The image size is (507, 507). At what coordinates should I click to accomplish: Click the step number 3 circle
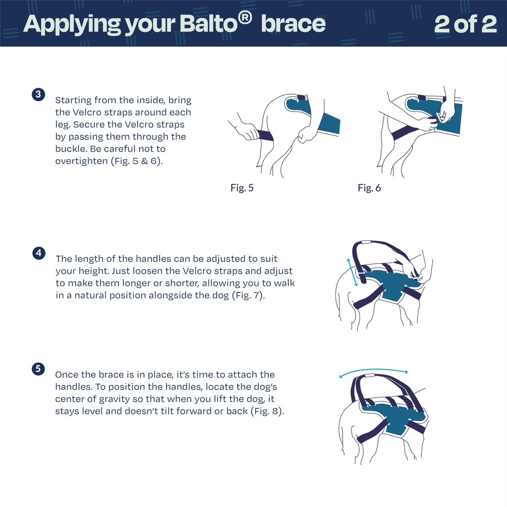pyautogui.click(x=38, y=95)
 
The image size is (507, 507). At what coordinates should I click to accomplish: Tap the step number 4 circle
pyautogui.click(x=39, y=253)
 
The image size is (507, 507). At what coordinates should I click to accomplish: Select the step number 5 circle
pyautogui.click(x=38, y=369)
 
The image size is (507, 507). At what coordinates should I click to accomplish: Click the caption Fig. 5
pyautogui.click(x=242, y=188)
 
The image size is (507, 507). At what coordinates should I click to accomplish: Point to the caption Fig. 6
pyautogui.click(x=369, y=188)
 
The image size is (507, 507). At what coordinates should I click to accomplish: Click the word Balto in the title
pyautogui.click(x=209, y=24)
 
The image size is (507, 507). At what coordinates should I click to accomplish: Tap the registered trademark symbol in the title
pyautogui.click(x=245, y=19)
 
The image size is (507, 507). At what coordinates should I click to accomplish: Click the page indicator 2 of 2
pyautogui.click(x=466, y=24)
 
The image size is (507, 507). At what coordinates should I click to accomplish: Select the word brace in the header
pyautogui.click(x=293, y=24)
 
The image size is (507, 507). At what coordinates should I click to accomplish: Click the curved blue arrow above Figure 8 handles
pyautogui.click(x=373, y=370)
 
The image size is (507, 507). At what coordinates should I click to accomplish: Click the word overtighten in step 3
pyautogui.click(x=82, y=161)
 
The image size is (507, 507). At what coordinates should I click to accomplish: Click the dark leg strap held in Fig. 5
pyautogui.click(x=265, y=136)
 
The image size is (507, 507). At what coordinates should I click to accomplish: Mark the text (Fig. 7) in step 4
pyautogui.click(x=248, y=295)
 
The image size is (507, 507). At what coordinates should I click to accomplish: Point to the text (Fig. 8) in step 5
pyautogui.click(x=267, y=411)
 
